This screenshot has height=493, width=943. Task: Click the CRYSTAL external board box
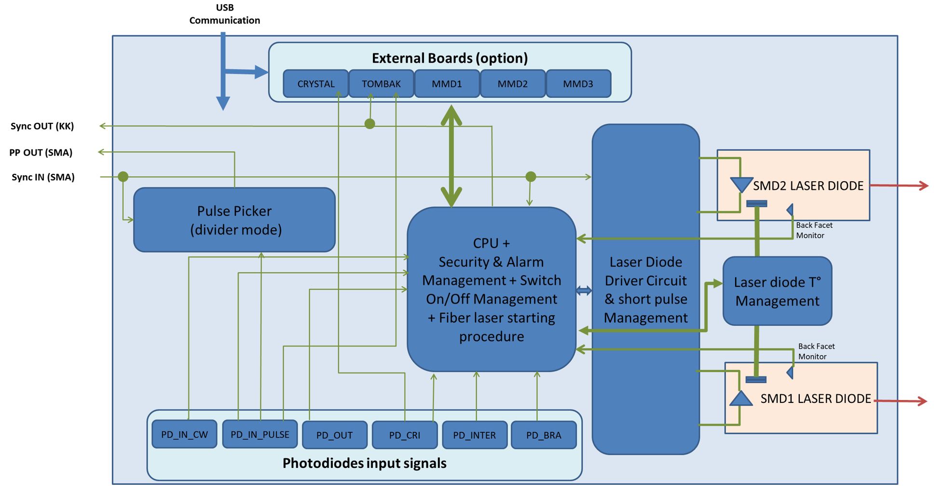pyautogui.click(x=315, y=84)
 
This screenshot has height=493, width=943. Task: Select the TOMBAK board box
pyautogui.click(x=381, y=84)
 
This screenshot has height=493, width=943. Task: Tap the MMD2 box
pyautogui.click(x=512, y=84)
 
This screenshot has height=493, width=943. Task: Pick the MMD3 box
pyautogui.click(x=578, y=84)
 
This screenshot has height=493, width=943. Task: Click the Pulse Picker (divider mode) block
pyautogui.click(x=234, y=220)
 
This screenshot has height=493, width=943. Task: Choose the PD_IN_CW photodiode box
pyautogui.click(x=184, y=435)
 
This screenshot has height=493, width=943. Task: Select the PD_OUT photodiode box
pyautogui.click(x=334, y=435)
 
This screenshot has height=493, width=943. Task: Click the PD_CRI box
pyautogui.click(x=405, y=435)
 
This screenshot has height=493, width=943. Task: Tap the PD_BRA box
pyautogui.click(x=544, y=435)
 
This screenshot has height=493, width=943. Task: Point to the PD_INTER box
pyautogui.click(x=475, y=435)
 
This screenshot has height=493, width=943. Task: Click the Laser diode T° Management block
pyautogui.click(x=777, y=291)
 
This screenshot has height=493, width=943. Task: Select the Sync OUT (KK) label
pyautogui.click(x=42, y=126)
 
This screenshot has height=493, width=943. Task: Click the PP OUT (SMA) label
pyautogui.click(x=41, y=153)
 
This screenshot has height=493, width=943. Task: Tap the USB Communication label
pyautogui.click(x=225, y=14)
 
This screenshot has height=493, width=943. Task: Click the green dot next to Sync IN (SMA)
pyautogui.click(x=123, y=177)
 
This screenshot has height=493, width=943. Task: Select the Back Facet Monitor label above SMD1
pyautogui.click(x=816, y=351)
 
